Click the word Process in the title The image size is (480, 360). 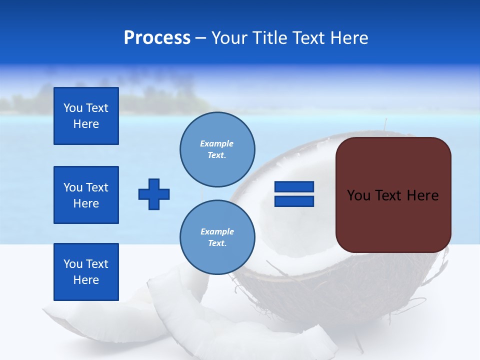[157, 38]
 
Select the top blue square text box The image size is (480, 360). [86, 116]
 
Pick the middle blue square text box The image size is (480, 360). [86, 195]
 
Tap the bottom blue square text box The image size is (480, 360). [86, 272]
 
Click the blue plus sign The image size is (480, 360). [154, 194]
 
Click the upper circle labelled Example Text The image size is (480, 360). [217, 149]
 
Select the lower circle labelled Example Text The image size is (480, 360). [217, 237]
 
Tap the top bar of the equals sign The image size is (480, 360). [294, 186]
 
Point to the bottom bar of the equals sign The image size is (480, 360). [294, 201]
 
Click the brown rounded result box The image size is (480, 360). [393, 220]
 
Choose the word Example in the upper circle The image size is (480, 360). [217, 143]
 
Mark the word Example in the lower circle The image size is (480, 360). [217, 231]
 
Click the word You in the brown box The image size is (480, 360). [358, 195]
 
